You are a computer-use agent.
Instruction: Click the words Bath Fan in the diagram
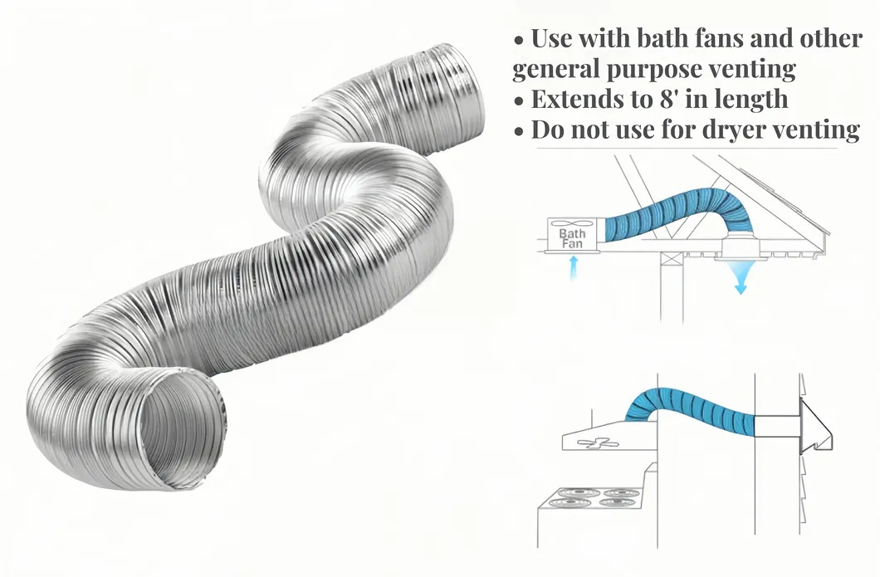[x=572, y=238]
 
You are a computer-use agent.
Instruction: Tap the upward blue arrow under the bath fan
[x=573, y=267]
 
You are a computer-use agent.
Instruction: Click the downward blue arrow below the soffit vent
[x=741, y=278]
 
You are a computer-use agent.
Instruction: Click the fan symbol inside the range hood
[x=598, y=443]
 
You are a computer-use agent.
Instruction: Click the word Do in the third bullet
[x=545, y=129]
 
